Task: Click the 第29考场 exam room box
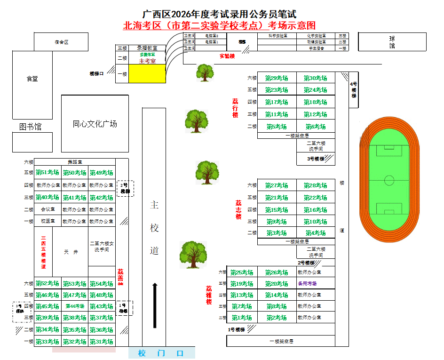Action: click(277, 78)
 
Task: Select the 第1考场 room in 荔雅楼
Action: click(242, 318)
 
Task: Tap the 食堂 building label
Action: click(32, 79)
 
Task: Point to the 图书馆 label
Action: click(30, 127)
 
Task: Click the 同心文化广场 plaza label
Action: click(95, 124)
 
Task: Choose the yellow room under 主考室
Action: click(147, 74)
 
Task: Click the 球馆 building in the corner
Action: click(392, 42)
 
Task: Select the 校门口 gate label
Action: click(161, 353)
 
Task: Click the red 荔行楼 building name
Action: click(235, 108)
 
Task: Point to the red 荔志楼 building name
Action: click(238, 210)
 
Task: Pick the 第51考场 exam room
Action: click(48, 173)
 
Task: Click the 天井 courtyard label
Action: click(71, 252)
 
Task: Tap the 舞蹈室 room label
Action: click(75, 162)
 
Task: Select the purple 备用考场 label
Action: click(308, 284)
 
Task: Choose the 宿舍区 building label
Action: click(61, 42)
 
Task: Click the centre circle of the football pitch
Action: click(389, 180)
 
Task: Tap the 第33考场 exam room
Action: click(48, 342)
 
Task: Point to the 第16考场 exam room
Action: click(315, 210)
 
